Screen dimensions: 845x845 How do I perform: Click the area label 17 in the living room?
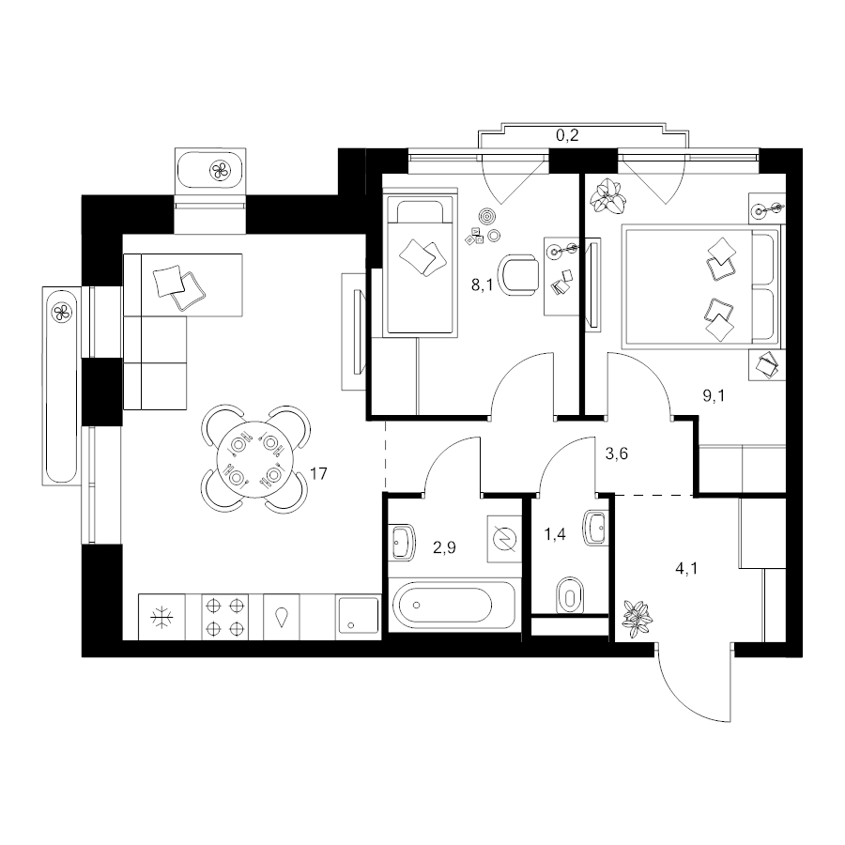click(318, 474)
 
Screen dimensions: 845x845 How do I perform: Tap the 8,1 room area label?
click(483, 285)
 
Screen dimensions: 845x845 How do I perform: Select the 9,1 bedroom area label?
click(714, 396)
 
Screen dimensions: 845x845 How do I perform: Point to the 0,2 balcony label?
click(567, 135)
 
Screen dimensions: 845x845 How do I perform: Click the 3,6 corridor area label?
click(617, 453)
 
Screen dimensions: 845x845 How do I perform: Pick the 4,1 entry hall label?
click(686, 568)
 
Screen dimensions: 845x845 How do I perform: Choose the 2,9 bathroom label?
click(445, 547)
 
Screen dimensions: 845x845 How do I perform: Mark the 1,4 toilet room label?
click(555, 534)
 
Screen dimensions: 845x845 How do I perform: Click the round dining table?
click(256, 460)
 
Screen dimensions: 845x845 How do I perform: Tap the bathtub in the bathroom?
click(453, 605)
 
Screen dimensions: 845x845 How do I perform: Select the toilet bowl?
click(570, 595)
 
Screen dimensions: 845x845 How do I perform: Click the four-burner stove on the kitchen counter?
click(225, 617)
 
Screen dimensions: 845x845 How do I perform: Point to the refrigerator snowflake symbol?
click(161, 618)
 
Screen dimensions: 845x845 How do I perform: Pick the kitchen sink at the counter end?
click(359, 616)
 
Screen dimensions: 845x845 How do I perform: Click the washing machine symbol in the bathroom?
click(505, 539)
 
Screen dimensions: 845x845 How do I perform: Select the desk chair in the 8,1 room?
click(519, 274)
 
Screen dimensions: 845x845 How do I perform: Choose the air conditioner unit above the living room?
click(210, 170)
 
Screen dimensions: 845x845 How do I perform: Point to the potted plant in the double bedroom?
click(608, 195)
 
